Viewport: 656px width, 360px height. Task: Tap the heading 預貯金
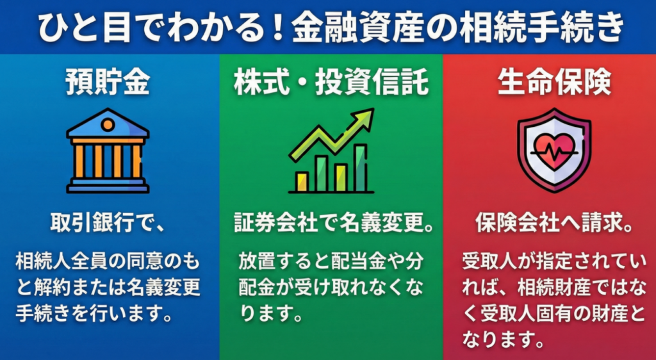108,83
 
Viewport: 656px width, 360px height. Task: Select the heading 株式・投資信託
331,83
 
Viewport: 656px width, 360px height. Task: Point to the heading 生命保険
554,83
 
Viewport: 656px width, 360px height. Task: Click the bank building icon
108,151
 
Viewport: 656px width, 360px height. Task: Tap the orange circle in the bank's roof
108,125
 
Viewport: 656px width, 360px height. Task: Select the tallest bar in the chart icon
360,168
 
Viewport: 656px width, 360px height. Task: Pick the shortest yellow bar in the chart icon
302,181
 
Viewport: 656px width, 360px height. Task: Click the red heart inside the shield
554,151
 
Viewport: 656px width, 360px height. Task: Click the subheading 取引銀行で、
108,223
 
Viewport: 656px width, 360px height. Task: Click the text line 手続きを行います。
95,314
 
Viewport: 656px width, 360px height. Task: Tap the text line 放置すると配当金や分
331,261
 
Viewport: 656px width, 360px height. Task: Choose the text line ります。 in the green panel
271,314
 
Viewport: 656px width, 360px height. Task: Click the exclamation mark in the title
277,28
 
